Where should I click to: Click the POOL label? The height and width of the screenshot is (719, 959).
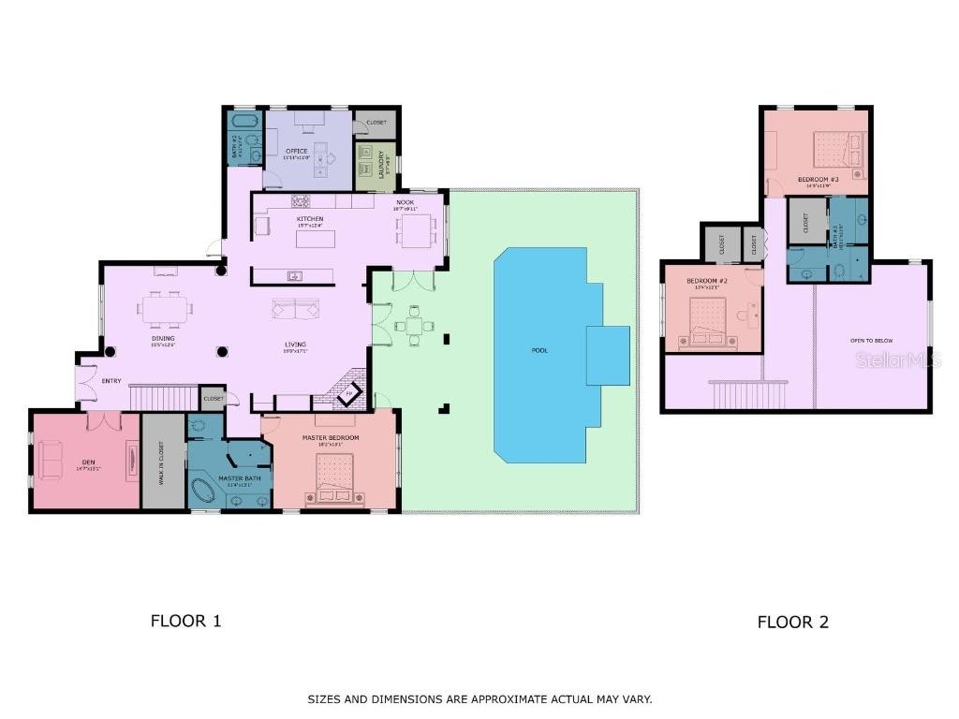(539, 350)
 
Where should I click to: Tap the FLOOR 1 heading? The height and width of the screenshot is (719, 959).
(185, 621)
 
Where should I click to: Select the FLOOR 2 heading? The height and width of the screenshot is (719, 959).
(792, 623)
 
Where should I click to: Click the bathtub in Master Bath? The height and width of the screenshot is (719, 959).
(205, 491)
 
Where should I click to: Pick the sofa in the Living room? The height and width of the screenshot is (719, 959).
(295, 309)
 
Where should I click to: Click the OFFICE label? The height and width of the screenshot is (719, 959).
(296, 151)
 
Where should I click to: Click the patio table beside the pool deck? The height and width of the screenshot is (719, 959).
(413, 327)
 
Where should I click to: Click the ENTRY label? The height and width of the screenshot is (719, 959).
(112, 380)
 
